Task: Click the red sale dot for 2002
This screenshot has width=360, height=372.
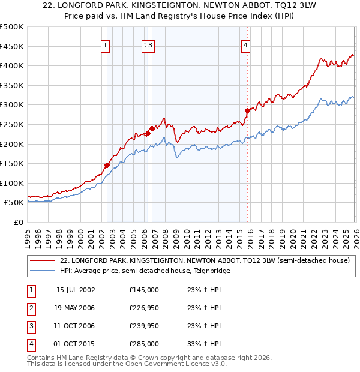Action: [x=107, y=165]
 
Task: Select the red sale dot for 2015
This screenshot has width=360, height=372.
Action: [x=247, y=110]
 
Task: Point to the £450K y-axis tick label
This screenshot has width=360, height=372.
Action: [x=12, y=46]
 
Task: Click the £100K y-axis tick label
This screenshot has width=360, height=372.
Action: [x=12, y=183]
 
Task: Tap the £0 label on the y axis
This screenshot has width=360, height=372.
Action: [x=18, y=222]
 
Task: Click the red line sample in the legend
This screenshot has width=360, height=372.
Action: [x=42, y=260]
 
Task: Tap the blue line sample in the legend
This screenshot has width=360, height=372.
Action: [x=42, y=271]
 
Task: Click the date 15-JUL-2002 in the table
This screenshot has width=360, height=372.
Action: [x=76, y=290]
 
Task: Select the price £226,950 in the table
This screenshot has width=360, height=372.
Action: [x=144, y=308]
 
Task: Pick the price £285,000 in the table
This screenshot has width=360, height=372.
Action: [x=144, y=344]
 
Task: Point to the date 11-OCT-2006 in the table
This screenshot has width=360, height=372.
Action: [x=76, y=326]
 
